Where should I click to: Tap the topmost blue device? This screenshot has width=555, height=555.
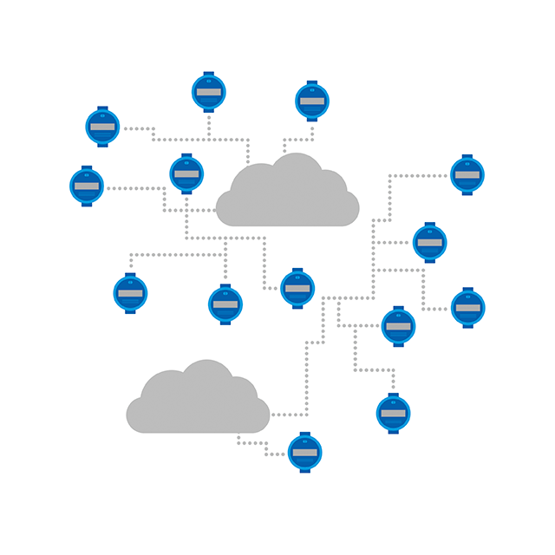point(208,92)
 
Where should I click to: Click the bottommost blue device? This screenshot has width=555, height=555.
point(304,453)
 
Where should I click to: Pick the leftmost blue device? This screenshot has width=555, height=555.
point(87,186)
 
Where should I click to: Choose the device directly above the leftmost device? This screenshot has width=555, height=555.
point(102,127)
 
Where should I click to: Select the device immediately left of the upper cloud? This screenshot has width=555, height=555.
point(186,173)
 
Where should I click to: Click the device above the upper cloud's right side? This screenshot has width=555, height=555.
point(311,101)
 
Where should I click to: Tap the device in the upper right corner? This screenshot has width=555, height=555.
point(467,174)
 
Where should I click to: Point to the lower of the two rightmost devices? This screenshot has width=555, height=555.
point(467,307)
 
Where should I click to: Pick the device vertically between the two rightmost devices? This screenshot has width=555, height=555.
point(429,243)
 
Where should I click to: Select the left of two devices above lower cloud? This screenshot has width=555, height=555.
point(130,293)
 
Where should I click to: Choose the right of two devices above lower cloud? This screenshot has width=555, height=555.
point(225,304)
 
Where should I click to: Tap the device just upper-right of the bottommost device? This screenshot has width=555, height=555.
point(393,413)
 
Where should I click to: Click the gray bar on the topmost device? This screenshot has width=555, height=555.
point(208,92)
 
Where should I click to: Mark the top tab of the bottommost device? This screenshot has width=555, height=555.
point(304,434)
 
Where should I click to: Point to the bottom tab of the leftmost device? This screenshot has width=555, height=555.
point(87,204)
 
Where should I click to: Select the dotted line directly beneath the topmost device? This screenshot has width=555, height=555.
point(208,126)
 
